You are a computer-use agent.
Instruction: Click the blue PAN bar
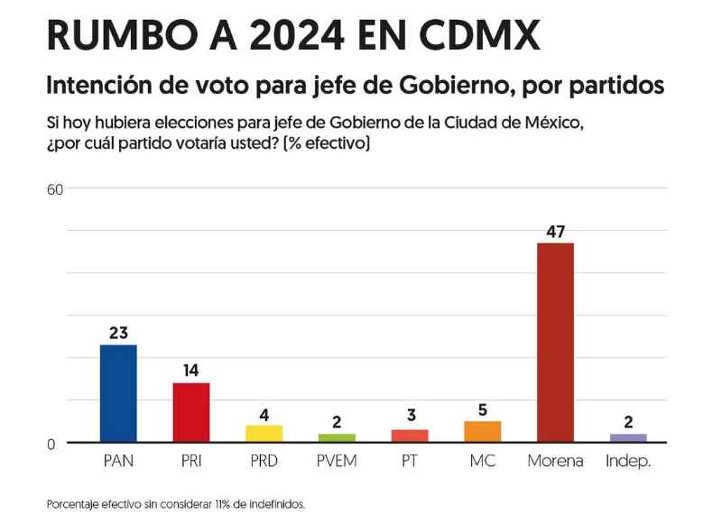(x=118, y=393)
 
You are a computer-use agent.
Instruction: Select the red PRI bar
(x=191, y=412)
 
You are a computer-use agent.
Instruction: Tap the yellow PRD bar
(x=264, y=433)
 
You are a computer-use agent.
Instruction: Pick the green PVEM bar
(x=337, y=437)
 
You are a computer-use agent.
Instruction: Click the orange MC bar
(x=482, y=431)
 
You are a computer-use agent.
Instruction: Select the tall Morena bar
(x=555, y=343)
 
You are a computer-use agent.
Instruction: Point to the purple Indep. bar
(x=628, y=437)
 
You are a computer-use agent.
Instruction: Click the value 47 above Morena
(x=555, y=232)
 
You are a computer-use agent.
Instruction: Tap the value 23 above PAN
(x=118, y=333)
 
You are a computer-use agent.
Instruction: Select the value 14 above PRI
(x=190, y=371)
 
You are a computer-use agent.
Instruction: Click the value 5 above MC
(x=482, y=410)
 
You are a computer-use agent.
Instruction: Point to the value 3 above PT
(x=410, y=416)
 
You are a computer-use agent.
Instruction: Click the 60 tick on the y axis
(x=55, y=188)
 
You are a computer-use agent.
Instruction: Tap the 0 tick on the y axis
(x=51, y=443)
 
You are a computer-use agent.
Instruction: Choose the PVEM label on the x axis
(x=337, y=461)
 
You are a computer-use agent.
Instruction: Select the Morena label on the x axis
(x=555, y=461)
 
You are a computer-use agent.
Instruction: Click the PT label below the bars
(x=410, y=461)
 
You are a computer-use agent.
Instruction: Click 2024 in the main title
(x=292, y=36)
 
